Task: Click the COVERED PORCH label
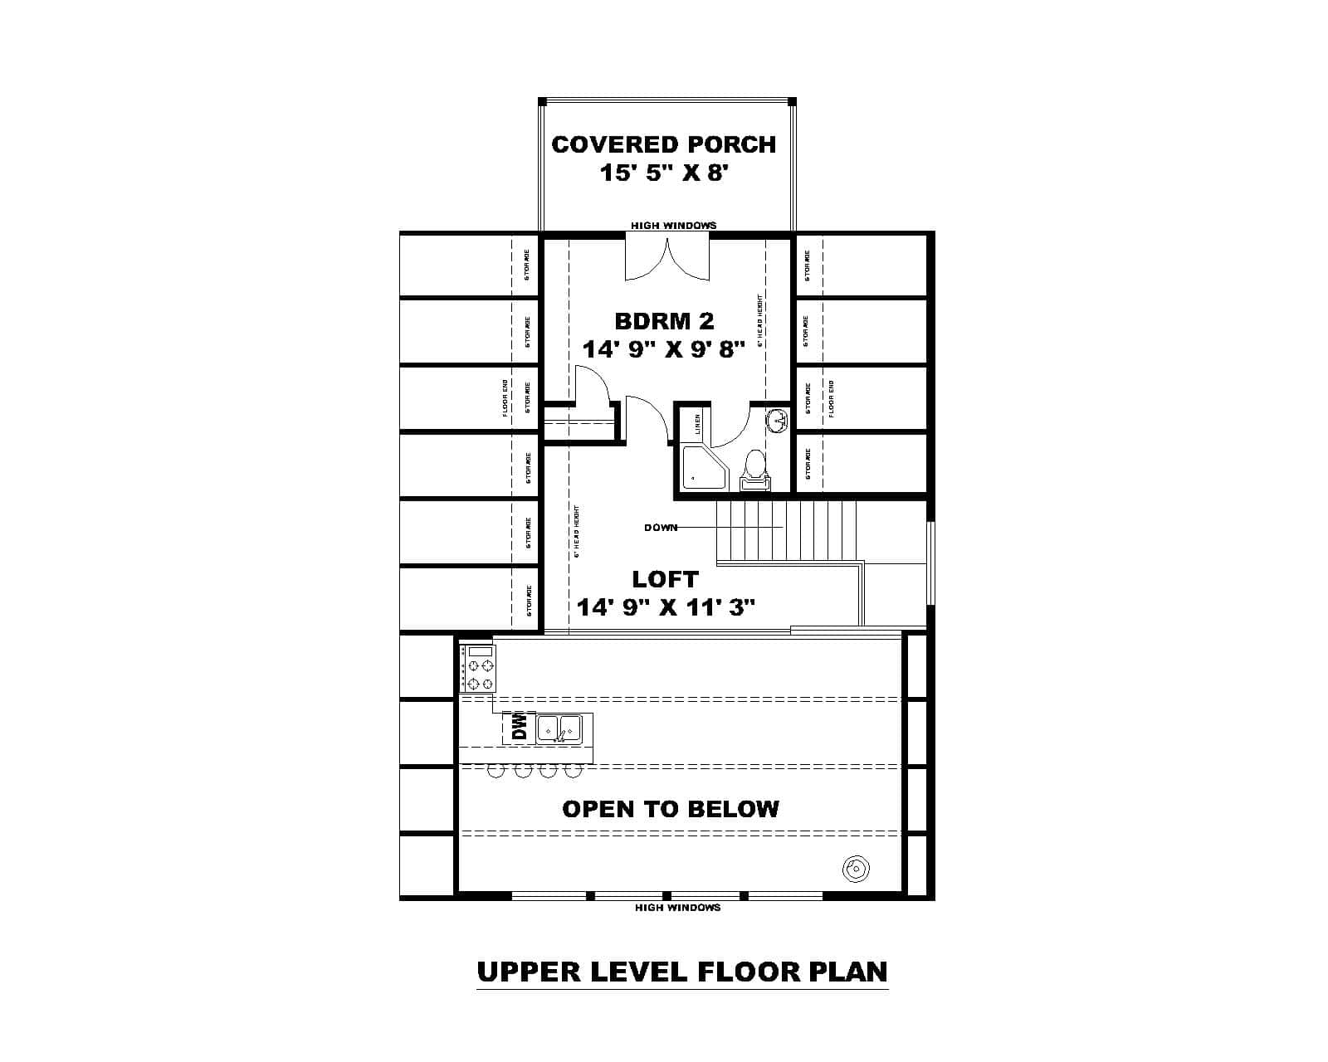point(664,144)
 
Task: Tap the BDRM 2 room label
point(664,321)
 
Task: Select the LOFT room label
point(665,579)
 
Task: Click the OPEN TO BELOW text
point(671,809)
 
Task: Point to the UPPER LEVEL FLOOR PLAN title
point(682,972)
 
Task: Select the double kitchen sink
point(559,728)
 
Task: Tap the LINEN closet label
point(698,424)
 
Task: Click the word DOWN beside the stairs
point(661,528)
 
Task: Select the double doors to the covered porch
point(667,259)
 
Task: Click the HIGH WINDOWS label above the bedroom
point(673,225)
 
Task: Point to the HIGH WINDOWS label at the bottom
point(677,908)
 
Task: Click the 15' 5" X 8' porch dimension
point(664,173)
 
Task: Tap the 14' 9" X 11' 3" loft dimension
point(666,608)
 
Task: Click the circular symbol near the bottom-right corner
point(856,870)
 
